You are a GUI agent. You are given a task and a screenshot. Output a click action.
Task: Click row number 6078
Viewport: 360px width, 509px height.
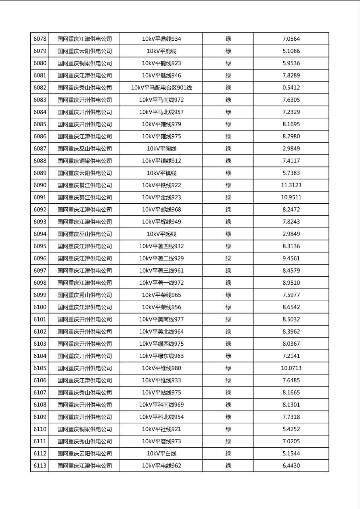pos(40,39)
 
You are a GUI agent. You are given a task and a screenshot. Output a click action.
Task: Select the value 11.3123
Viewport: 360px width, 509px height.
pos(291,186)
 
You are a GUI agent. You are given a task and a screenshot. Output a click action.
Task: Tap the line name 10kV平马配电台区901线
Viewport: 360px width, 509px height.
pos(161,88)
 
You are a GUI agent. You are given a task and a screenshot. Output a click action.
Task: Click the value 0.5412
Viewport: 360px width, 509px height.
pos(291,88)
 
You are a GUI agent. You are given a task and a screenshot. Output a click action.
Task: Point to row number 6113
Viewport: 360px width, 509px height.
pos(40,466)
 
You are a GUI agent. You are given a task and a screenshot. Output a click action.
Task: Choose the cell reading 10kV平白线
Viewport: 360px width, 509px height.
pos(161,454)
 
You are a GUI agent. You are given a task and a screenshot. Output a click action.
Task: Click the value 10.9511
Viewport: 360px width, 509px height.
pos(291,198)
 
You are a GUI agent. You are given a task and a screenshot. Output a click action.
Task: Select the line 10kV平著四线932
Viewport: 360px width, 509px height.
pos(161,246)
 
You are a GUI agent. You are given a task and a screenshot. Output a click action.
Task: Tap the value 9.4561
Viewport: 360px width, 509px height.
pos(291,259)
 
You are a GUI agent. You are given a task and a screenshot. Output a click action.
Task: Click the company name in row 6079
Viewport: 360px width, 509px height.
pos(85,51)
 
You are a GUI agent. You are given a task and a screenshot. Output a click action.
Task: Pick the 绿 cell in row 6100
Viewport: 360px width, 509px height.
pos(228,307)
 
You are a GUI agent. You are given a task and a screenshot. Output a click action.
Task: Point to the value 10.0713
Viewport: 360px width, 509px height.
pos(291,368)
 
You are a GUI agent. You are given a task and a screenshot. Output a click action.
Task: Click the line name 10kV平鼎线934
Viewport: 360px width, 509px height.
pos(161,39)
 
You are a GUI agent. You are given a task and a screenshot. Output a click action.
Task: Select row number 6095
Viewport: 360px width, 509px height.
pos(40,246)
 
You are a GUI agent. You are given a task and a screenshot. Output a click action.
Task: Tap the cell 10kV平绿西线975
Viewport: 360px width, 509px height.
pos(161,344)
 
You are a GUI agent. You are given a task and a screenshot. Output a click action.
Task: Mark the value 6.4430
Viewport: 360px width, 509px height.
pos(291,466)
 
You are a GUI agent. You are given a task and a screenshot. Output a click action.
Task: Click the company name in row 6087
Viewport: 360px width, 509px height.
pos(85,149)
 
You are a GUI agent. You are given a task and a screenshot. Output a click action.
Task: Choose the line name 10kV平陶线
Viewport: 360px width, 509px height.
pos(161,149)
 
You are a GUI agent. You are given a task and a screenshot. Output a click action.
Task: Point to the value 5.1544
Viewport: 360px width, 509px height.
pos(291,454)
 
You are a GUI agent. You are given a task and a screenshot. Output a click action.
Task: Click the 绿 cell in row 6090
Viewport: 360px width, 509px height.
pos(228,186)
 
